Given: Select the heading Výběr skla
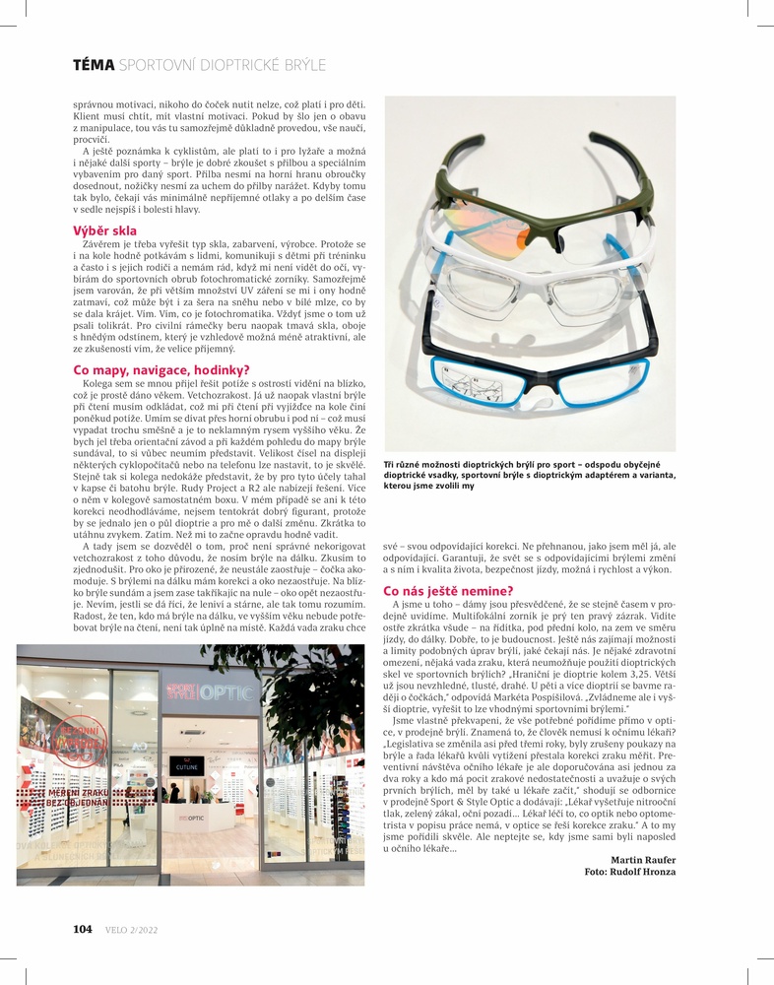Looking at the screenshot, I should click(x=104, y=230).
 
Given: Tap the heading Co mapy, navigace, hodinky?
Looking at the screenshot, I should click(x=155, y=369).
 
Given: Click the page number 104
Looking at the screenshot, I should click(x=83, y=929).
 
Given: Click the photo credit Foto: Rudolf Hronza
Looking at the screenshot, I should click(x=630, y=872).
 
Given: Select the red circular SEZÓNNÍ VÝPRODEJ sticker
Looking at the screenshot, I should click(x=81, y=740).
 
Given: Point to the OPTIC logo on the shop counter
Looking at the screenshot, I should click(x=190, y=819).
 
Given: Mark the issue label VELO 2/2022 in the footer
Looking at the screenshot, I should click(x=131, y=929).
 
